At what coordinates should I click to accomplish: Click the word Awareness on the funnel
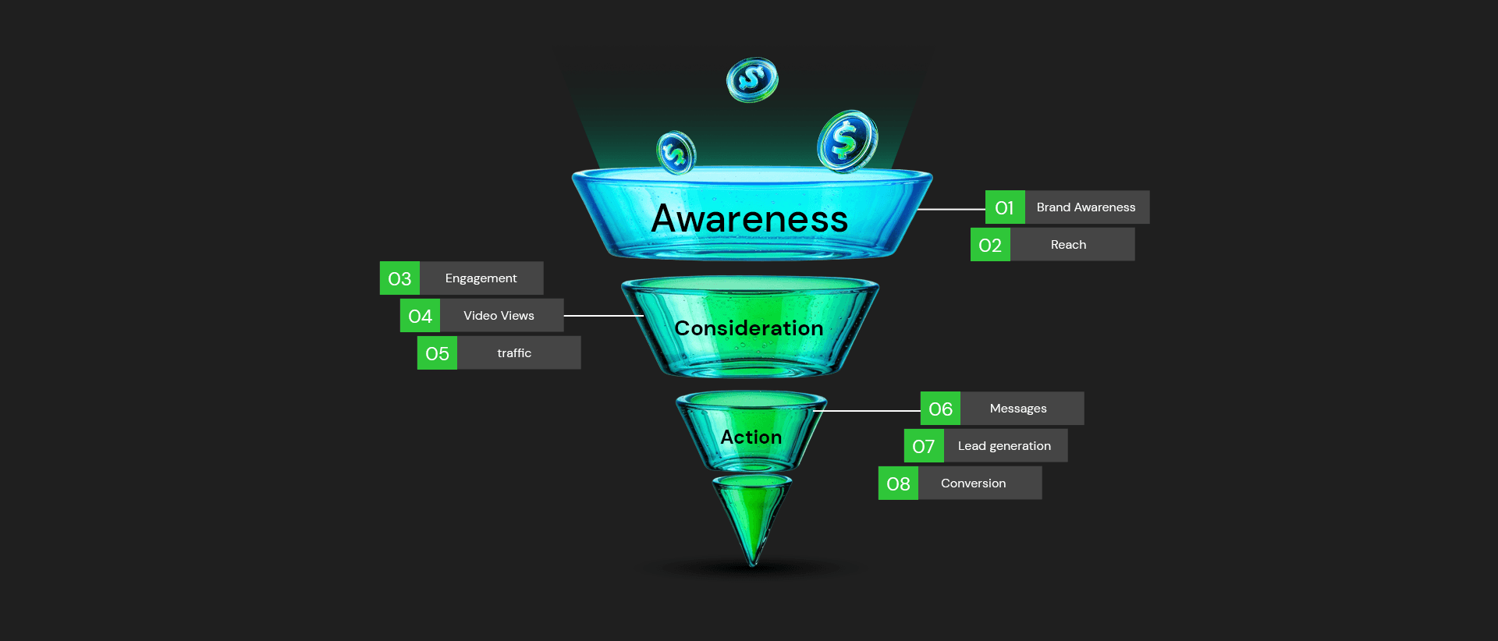click(x=749, y=218)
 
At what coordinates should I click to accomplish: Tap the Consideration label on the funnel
click(x=749, y=328)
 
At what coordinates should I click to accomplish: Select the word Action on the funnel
click(x=751, y=437)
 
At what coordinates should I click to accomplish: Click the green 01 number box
click(x=1005, y=207)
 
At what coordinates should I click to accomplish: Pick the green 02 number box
click(x=990, y=245)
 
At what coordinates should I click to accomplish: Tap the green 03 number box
click(x=399, y=278)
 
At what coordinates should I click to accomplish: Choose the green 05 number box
click(x=437, y=353)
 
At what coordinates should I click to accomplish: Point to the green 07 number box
click(x=924, y=446)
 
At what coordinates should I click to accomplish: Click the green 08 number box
click(x=898, y=483)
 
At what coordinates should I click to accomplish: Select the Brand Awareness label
click(x=1086, y=207)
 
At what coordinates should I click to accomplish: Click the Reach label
click(x=1068, y=245)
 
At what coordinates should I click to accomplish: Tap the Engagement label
click(x=481, y=278)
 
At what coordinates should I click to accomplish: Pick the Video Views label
click(x=499, y=316)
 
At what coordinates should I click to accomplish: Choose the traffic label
click(x=514, y=353)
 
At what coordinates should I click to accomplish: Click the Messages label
click(x=1018, y=409)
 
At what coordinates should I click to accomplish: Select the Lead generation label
click(x=1004, y=446)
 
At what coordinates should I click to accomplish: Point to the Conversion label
click(x=973, y=483)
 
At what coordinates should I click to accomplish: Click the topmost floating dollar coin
click(x=752, y=79)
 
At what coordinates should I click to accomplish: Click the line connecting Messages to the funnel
click(x=870, y=411)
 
